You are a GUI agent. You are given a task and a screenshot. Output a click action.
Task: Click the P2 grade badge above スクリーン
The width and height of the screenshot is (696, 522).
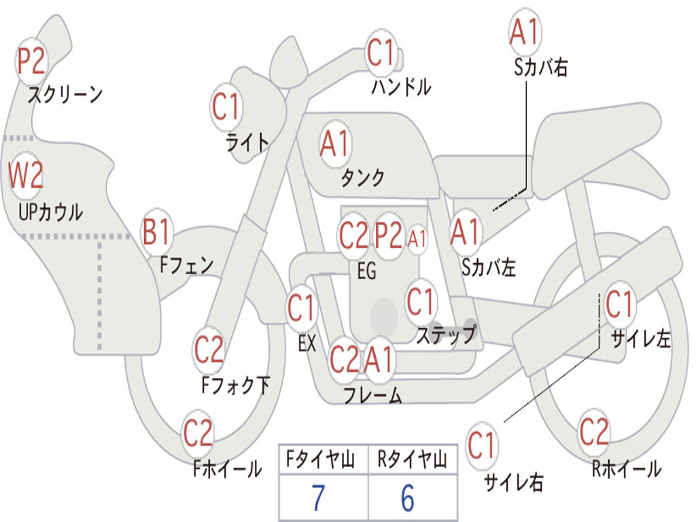tap(31, 61)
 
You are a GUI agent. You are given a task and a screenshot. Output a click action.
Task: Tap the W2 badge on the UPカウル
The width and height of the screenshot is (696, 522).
tap(26, 175)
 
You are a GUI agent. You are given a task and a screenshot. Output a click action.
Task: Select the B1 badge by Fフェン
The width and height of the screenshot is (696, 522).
tap(156, 232)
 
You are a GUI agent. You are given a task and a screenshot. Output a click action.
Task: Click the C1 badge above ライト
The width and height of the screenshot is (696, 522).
tap(226, 107)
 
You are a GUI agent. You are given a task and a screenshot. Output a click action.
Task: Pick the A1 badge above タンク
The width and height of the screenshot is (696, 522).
tap(335, 144)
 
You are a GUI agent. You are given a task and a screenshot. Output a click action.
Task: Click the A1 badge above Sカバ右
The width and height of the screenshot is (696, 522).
tap(525, 31)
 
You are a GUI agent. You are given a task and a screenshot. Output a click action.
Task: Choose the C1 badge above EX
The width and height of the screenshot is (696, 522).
tap(302, 308)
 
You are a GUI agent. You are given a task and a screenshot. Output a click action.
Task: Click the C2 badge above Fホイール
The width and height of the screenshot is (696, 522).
tap(198, 433)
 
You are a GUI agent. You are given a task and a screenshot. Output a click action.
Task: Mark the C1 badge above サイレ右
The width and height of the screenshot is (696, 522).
tap(482, 445)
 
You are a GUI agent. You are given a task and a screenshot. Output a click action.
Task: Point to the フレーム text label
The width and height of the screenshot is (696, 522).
tap(373, 395)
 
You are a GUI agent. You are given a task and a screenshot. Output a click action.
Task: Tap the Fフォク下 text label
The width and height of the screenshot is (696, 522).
tap(236, 385)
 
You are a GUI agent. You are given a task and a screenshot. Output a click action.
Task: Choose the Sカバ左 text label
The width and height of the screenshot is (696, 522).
tap(489, 267)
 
